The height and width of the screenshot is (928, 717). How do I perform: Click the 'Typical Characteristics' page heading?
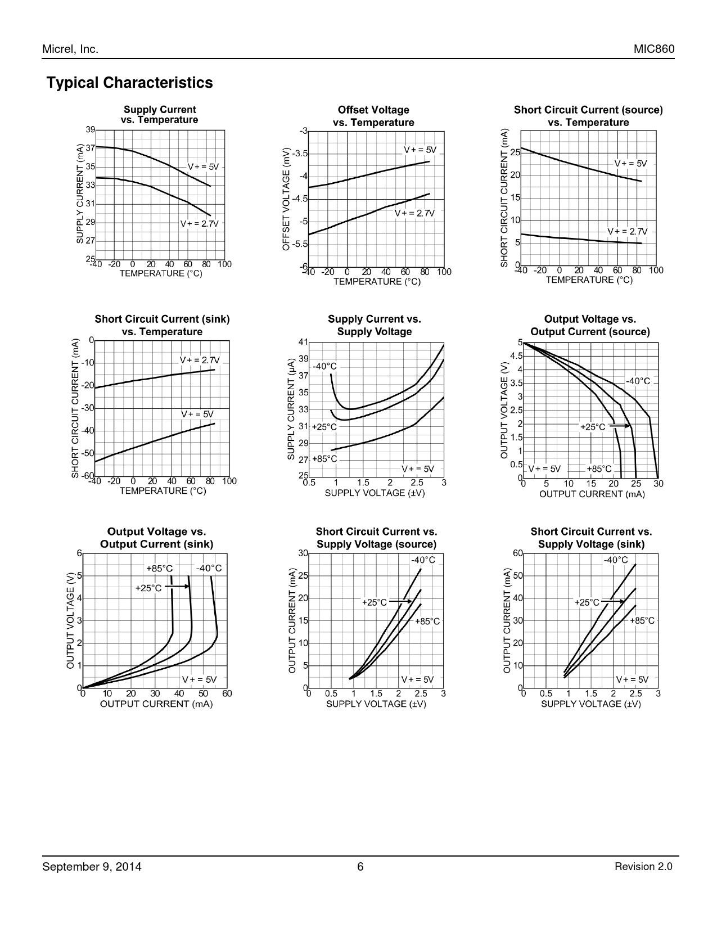point(130,83)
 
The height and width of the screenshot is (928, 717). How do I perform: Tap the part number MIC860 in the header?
point(654,49)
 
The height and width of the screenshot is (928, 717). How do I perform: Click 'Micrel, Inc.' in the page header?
point(70,49)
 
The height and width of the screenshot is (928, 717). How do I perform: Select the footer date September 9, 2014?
point(92,867)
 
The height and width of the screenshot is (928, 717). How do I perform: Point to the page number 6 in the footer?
point(360,867)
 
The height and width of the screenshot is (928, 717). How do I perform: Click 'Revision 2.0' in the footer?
point(643,867)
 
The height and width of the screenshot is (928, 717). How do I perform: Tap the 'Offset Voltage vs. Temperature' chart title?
point(373,116)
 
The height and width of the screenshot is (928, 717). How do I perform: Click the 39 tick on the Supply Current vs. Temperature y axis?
point(91,130)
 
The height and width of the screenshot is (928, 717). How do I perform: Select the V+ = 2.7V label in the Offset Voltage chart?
point(414,213)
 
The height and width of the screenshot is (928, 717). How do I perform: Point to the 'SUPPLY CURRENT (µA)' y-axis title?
point(291,411)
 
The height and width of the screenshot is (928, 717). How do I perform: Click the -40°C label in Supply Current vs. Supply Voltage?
point(324,366)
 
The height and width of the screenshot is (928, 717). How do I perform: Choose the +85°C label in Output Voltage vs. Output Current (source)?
point(599,468)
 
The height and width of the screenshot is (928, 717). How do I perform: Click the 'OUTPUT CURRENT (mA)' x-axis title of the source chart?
point(592,494)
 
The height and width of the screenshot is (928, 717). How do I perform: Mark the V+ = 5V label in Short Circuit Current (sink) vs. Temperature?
point(197,414)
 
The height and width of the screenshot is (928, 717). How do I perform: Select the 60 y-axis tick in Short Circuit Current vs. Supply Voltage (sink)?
point(517,553)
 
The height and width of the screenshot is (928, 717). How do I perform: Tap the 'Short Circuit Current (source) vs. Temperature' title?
point(588,116)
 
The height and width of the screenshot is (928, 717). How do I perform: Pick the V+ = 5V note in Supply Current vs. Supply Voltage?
point(417,468)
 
